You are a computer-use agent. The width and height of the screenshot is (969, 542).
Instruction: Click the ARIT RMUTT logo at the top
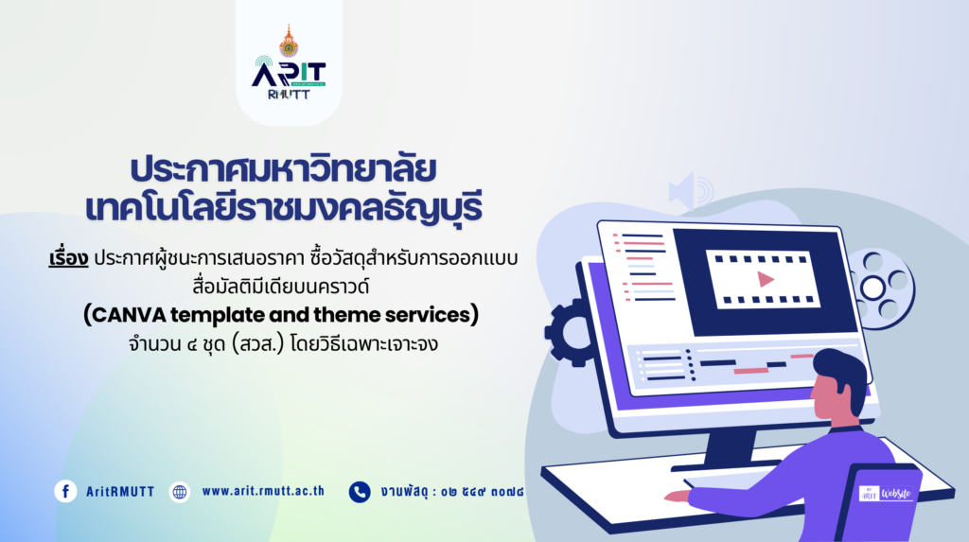(289, 62)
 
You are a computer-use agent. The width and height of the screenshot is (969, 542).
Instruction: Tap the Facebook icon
(65, 491)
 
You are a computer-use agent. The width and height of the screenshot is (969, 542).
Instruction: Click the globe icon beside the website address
(180, 492)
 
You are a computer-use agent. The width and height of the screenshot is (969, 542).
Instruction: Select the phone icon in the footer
(360, 492)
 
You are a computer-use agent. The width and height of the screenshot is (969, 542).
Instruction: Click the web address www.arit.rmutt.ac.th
(263, 491)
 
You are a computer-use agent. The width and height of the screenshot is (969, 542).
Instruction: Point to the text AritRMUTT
(120, 492)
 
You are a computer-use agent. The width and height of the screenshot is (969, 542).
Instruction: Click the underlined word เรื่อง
(68, 258)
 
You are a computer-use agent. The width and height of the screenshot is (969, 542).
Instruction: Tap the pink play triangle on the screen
(766, 279)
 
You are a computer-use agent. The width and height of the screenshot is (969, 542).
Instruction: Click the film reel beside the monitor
(879, 288)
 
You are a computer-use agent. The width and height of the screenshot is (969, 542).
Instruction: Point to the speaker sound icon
(690, 191)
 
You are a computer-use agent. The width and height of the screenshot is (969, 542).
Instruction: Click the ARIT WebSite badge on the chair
(886, 493)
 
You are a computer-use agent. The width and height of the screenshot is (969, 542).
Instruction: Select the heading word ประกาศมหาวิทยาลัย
(284, 169)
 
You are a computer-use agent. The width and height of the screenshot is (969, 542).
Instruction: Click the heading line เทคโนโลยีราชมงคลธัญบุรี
(284, 208)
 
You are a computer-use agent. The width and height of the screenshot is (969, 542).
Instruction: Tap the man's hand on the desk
(678, 496)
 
